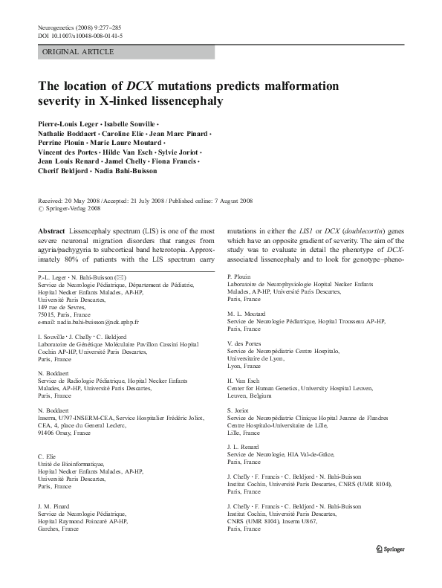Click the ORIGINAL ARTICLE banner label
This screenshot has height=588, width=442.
pos(79,51)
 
